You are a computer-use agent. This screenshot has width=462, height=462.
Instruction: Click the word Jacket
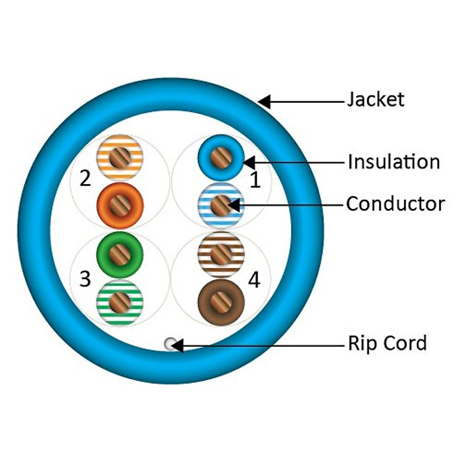tap(375, 99)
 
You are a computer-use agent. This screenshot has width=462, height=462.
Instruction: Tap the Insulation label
tap(393, 162)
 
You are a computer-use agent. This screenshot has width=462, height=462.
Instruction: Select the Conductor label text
tap(395, 204)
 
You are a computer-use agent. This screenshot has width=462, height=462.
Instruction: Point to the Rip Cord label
tap(387, 343)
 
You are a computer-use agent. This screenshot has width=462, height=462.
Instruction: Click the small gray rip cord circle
tap(169, 344)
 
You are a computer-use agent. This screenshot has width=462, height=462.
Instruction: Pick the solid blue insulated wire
tap(221, 157)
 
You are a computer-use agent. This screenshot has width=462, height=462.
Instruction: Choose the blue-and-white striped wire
tap(221, 206)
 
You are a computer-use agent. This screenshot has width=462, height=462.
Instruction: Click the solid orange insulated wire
tap(120, 206)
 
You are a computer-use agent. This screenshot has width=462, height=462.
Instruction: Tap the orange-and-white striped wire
tap(120, 157)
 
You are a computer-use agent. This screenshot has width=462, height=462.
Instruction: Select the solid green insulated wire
tap(120, 254)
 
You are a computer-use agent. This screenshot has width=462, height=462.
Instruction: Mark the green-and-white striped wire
tap(120, 302)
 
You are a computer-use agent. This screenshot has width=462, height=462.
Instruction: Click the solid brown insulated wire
tap(221, 302)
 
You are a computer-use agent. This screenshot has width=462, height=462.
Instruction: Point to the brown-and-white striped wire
tap(221, 254)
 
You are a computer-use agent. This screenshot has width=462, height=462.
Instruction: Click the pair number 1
tap(255, 180)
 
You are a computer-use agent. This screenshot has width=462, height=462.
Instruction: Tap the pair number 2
tap(85, 178)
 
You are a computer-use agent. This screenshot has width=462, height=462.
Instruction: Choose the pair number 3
tap(85, 279)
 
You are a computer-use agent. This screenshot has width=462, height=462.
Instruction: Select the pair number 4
tap(254, 280)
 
